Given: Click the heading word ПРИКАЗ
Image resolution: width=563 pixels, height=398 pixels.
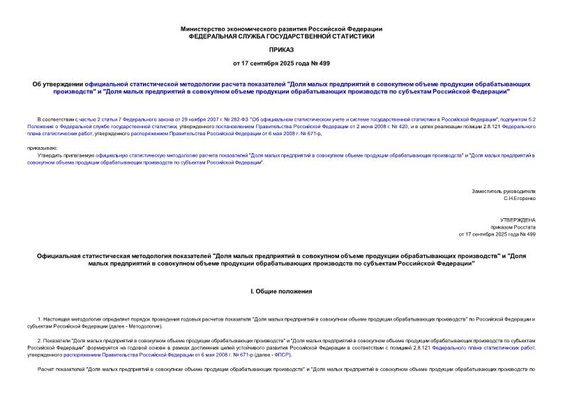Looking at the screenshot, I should click(x=281, y=50).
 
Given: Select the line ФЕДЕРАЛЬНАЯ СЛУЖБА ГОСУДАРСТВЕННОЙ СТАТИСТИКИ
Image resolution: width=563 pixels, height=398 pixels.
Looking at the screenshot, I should click(x=281, y=36).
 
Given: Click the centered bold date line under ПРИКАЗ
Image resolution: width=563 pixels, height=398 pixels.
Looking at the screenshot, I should click(x=281, y=63).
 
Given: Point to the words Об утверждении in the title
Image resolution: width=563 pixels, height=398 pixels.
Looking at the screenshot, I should click(x=58, y=84).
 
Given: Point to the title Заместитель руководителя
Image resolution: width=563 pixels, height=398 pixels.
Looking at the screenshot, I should click(x=504, y=191).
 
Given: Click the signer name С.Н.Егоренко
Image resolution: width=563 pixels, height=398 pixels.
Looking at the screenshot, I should click(x=519, y=198).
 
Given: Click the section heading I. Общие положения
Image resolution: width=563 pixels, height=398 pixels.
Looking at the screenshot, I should click(x=281, y=290).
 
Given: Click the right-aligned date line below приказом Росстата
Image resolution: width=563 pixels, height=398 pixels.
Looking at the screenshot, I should click(x=497, y=234).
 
